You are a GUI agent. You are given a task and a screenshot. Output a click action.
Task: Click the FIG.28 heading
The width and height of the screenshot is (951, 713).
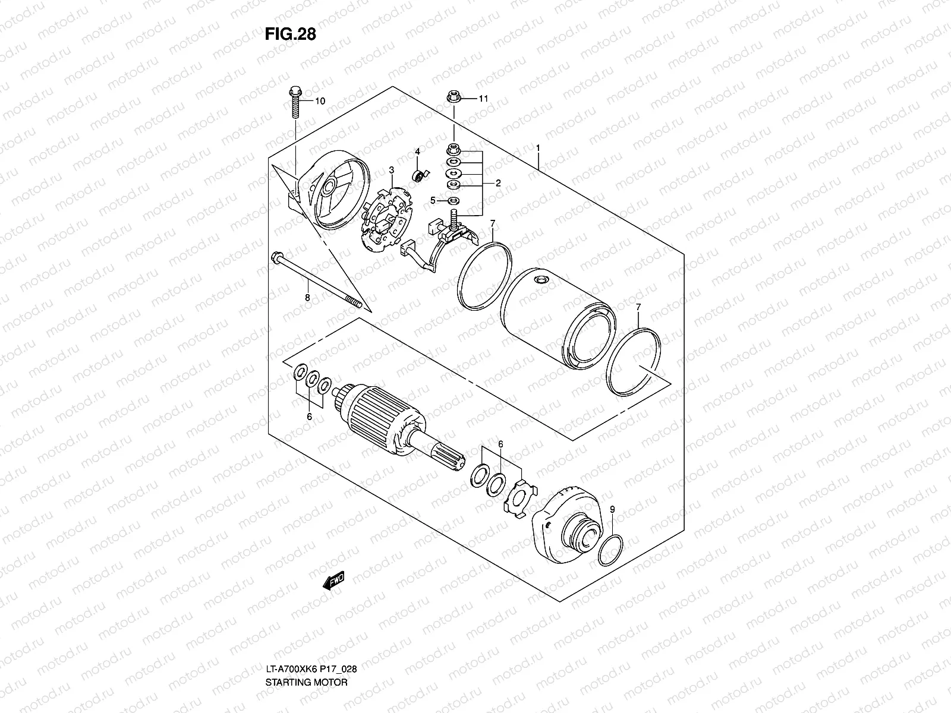point(290,34)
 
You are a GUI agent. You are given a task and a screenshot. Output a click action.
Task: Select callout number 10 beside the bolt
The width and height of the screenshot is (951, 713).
point(320,101)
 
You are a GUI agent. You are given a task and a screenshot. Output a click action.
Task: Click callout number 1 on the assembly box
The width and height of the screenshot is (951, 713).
point(538,147)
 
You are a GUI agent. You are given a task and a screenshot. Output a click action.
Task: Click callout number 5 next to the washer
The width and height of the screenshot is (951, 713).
point(433,200)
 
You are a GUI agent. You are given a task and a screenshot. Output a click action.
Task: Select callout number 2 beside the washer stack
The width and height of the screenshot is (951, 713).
point(498,183)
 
